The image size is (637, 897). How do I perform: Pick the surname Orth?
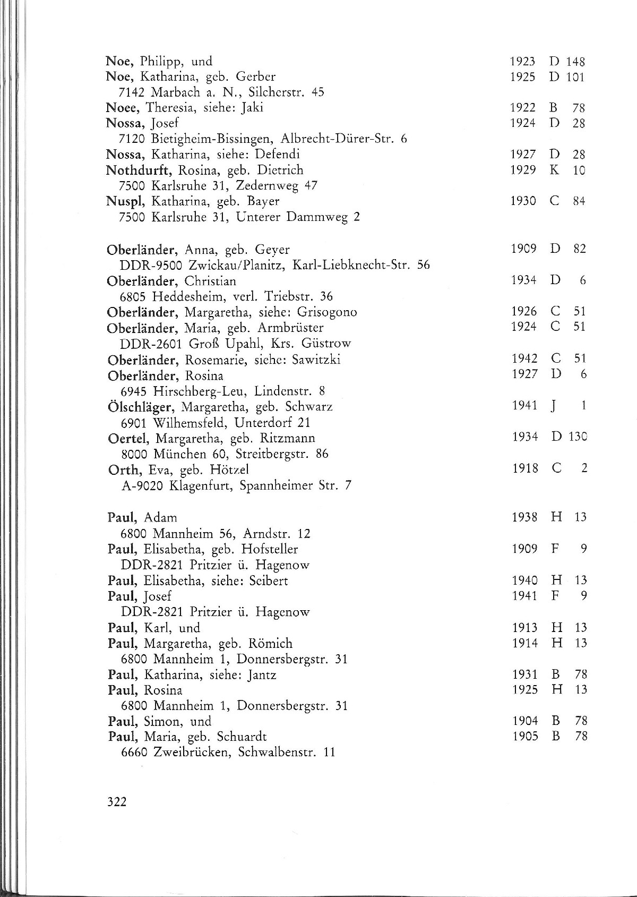click(125, 470)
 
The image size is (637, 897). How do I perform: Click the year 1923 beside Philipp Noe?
click(522, 62)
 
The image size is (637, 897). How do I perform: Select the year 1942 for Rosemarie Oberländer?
click(524, 359)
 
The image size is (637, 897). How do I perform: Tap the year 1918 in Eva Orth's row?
click(524, 469)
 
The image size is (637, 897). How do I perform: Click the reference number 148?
click(575, 62)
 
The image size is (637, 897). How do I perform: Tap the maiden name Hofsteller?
click(270, 549)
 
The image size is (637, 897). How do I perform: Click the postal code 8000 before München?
click(135, 455)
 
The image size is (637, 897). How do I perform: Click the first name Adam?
click(160, 518)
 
